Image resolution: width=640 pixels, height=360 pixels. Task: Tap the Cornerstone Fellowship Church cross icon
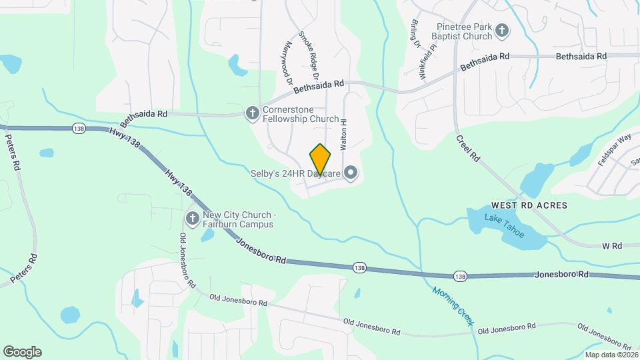pos(253,113)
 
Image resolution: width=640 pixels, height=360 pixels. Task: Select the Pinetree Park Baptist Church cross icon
pos(503,30)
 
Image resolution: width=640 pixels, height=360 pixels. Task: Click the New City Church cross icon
pos(192,218)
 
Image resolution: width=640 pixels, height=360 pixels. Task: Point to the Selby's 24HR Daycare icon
pos(351,174)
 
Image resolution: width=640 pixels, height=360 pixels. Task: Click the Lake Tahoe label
pos(505,225)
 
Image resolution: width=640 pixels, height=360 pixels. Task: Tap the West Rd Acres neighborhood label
pos(529,205)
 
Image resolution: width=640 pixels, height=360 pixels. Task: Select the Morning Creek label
pos(453,306)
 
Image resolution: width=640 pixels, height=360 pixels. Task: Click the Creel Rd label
pos(468,149)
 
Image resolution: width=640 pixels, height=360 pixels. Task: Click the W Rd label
pos(611,246)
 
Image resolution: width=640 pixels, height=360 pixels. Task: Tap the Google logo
pos(22,352)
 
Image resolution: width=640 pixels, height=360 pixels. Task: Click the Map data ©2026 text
pos(609,354)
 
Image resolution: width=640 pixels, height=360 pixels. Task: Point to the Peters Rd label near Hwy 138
pos(13,153)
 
